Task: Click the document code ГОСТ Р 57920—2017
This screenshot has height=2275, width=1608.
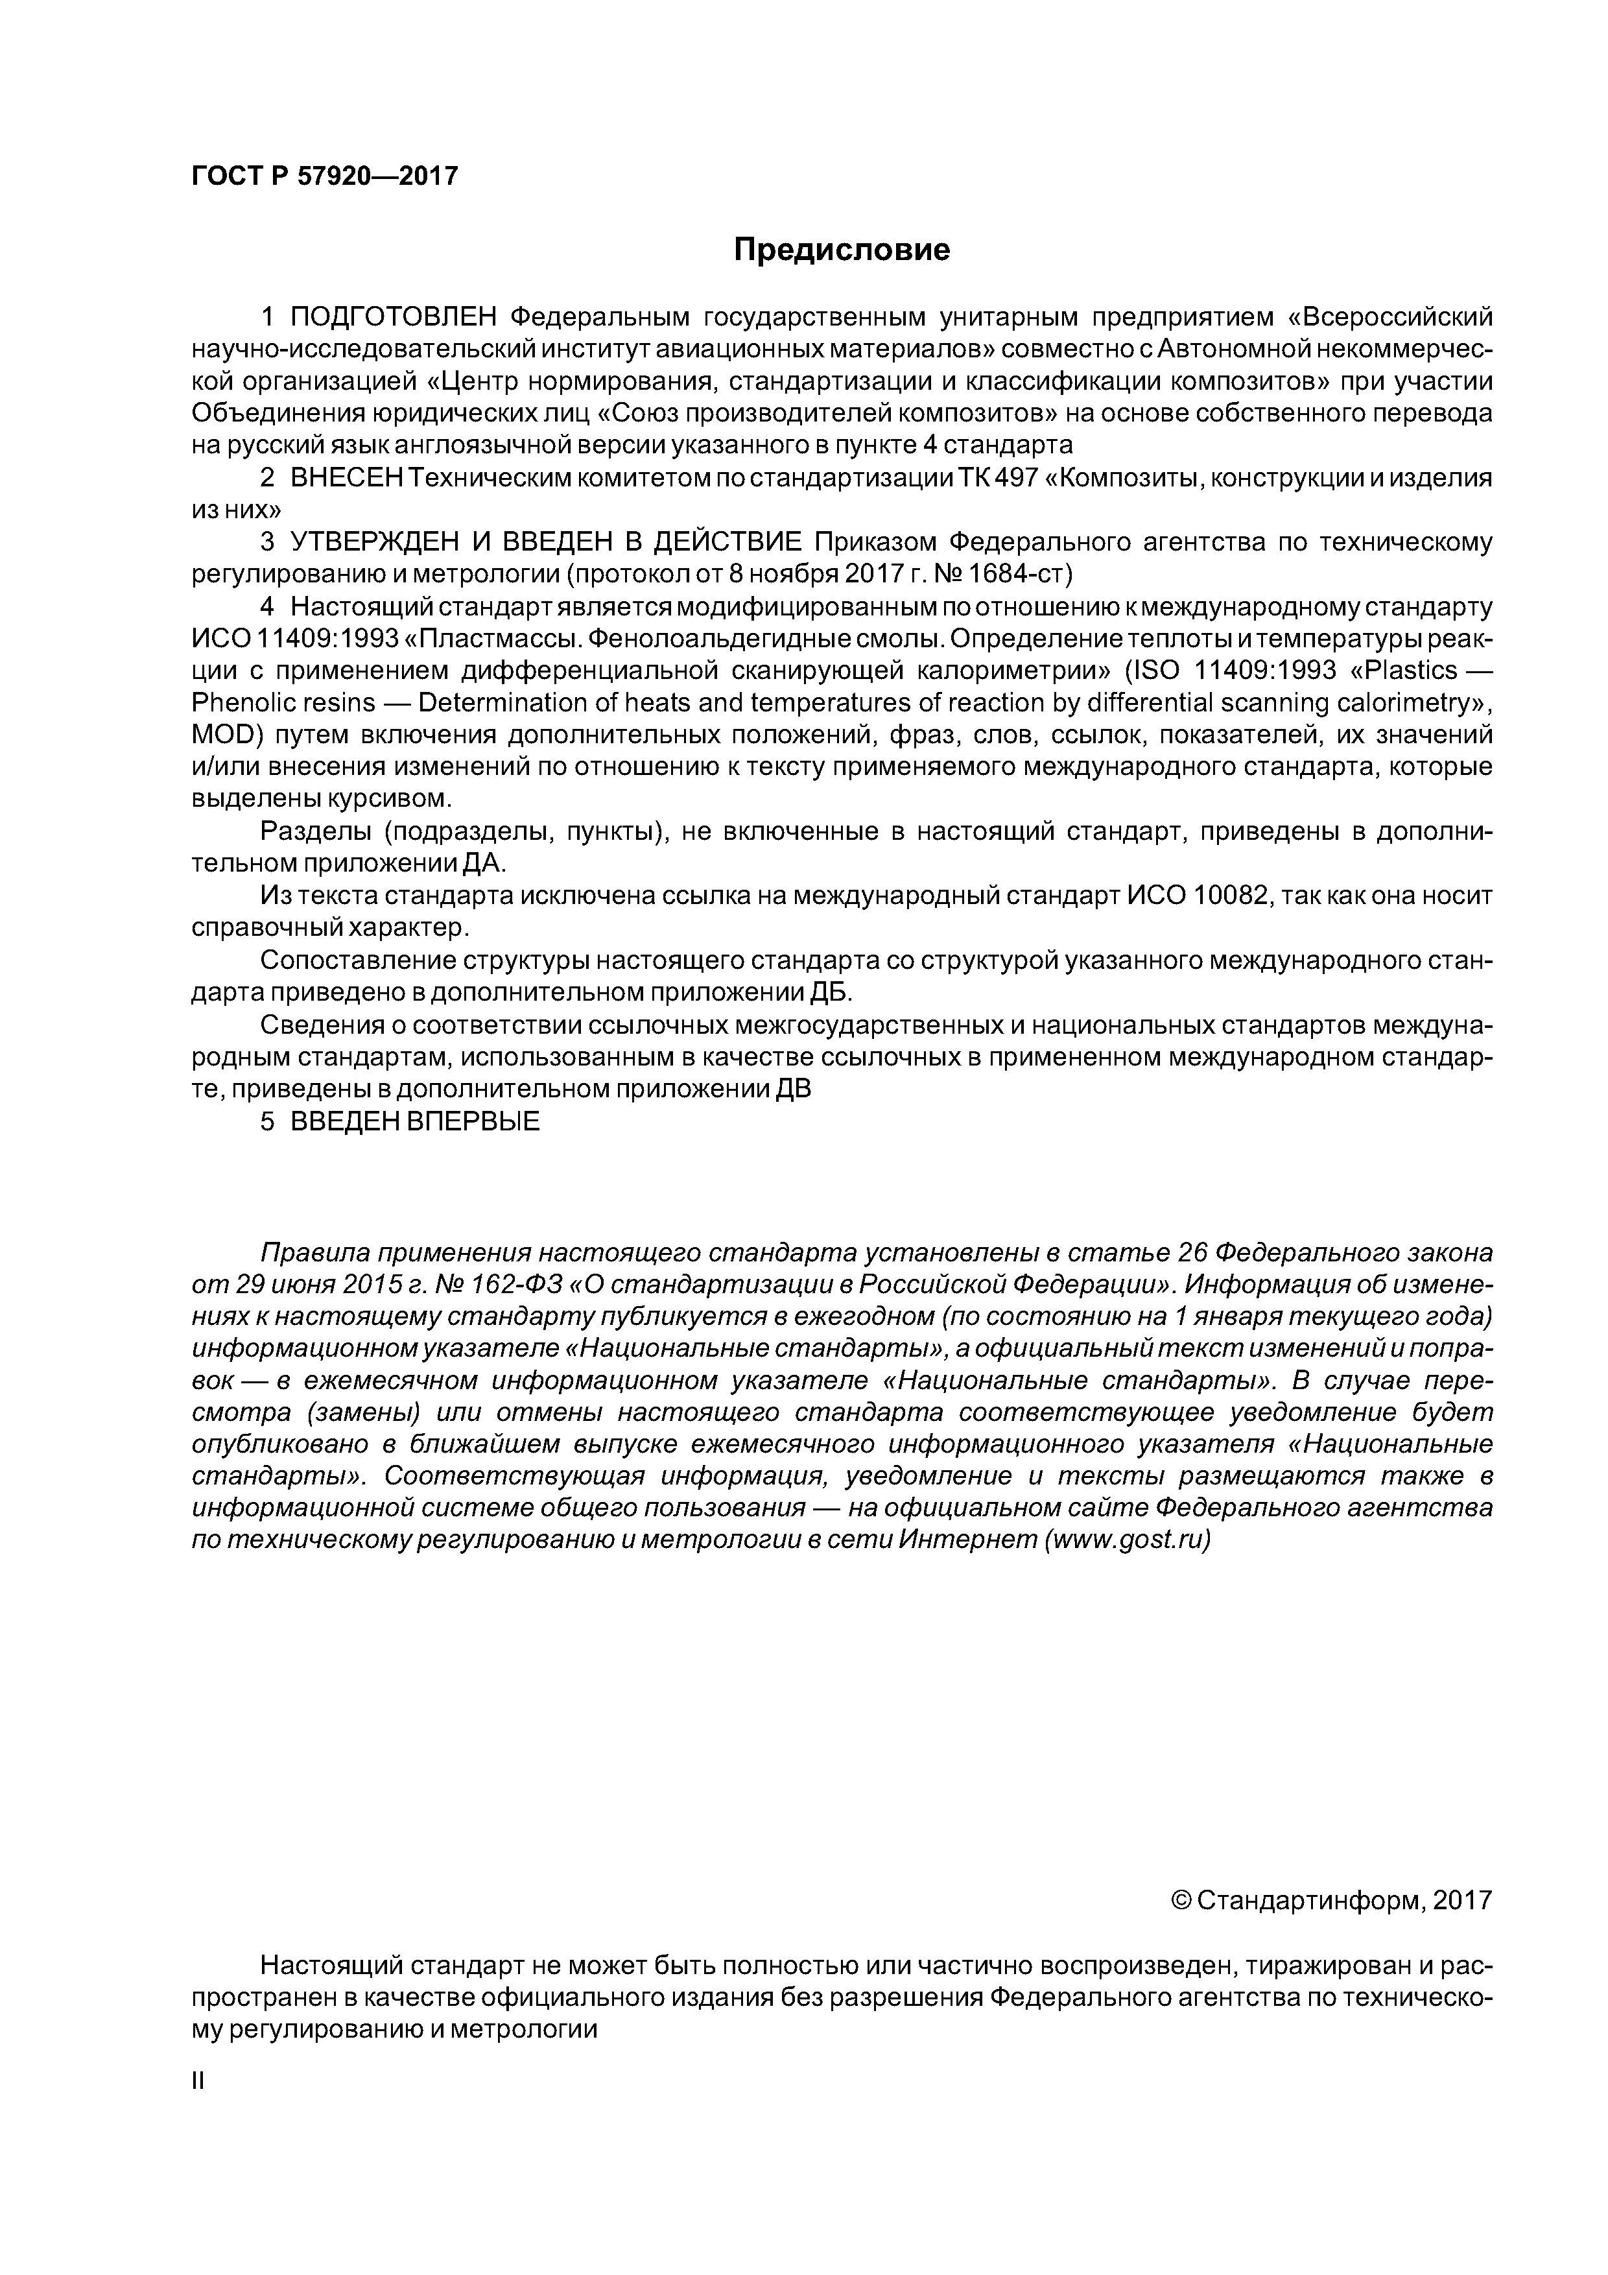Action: pyautogui.click(x=324, y=176)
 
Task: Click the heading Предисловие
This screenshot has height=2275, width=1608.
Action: pyautogui.click(x=841, y=250)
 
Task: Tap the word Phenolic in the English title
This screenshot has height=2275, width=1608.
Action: pyautogui.click(x=240, y=702)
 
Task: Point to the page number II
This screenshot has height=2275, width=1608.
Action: pyautogui.click(x=197, y=2082)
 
